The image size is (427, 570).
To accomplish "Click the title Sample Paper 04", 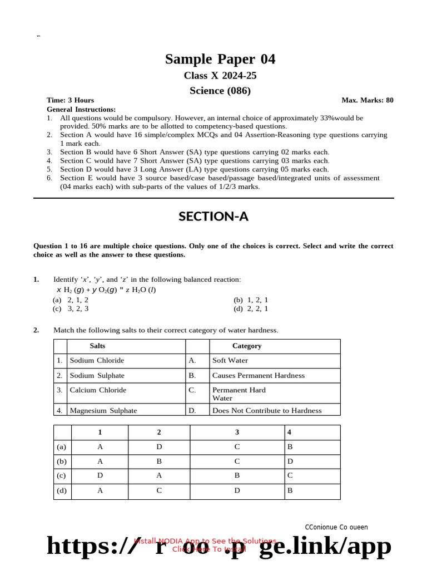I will [x=220, y=59].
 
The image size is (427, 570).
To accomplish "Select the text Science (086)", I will [x=220, y=90].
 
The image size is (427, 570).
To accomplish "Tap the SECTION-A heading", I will [x=213, y=217].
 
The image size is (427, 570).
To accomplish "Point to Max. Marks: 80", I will [x=367, y=100].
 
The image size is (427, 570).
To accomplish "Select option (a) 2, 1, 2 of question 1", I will [x=71, y=299].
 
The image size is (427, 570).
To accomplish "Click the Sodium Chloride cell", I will [x=97, y=361].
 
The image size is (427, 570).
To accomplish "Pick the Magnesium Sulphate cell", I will [x=103, y=411].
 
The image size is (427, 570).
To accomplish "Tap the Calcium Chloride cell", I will [x=98, y=390].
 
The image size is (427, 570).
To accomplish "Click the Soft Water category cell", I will [x=230, y=361].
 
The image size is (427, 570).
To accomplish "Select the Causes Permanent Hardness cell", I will [x=258, y=376].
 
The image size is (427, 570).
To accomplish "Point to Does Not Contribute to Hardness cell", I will [x=267, y=411].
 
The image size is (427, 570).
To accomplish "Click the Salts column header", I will [x=97, y=346].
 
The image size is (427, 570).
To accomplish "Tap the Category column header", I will [x=247, y=346].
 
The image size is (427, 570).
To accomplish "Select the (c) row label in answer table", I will [x=62, y=476].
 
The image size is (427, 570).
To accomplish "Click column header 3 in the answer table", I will [x=237, y=433].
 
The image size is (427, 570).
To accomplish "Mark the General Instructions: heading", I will [x=81, y=110].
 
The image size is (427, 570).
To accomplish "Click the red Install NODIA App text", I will [x=205, y=541].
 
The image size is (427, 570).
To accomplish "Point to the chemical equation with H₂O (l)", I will [x=106, y=290].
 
